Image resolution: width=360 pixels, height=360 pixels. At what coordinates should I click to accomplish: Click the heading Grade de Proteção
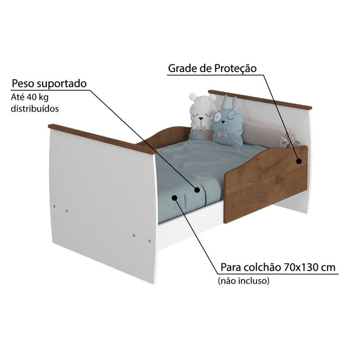[212, 68]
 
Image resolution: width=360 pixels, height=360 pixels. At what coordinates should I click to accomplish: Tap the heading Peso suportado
[49, 83]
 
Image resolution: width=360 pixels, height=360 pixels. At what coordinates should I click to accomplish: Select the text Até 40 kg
[30, 97]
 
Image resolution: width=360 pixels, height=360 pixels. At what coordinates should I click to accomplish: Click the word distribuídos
[35, 108]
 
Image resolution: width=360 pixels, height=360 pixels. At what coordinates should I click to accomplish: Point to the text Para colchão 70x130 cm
[278, 267]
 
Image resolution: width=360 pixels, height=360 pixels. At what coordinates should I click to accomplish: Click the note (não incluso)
[243, 280]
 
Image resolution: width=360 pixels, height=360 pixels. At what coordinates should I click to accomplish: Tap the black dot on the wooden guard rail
[299, 161]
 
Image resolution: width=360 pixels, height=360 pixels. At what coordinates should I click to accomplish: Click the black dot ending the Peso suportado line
[197, 189]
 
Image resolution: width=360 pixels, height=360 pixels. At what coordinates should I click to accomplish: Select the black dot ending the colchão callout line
[175, 198]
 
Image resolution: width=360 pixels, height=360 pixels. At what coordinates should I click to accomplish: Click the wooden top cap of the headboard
[260, 99]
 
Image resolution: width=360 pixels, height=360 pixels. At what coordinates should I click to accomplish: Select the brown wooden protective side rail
[265, 184]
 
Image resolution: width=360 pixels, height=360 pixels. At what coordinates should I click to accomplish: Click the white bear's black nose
[201, 119]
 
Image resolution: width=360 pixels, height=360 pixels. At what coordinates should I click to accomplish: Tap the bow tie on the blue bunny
[222, 135]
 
